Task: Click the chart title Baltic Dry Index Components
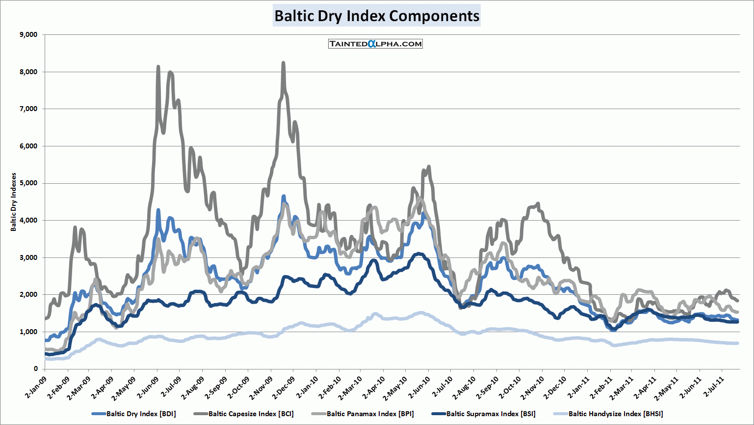pyautogui.click(x=377, y=16)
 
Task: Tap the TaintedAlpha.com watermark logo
pyautogui.click(x=375, y=44)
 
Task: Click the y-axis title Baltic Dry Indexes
pyautogui.click(x=14, y=202)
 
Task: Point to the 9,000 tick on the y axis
pyautogui.click(x=28, y=35)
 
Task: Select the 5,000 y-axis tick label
pyautogui.click(x=28, y=183)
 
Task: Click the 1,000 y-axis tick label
pyautogui.click(x=28, y=332)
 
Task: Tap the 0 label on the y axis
pyautogui.click(x=35, y=369)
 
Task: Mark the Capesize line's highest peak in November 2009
pyautogui.click(x=283, y=63)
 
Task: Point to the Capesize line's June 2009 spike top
pyautogui.click(x=158, y=66)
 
